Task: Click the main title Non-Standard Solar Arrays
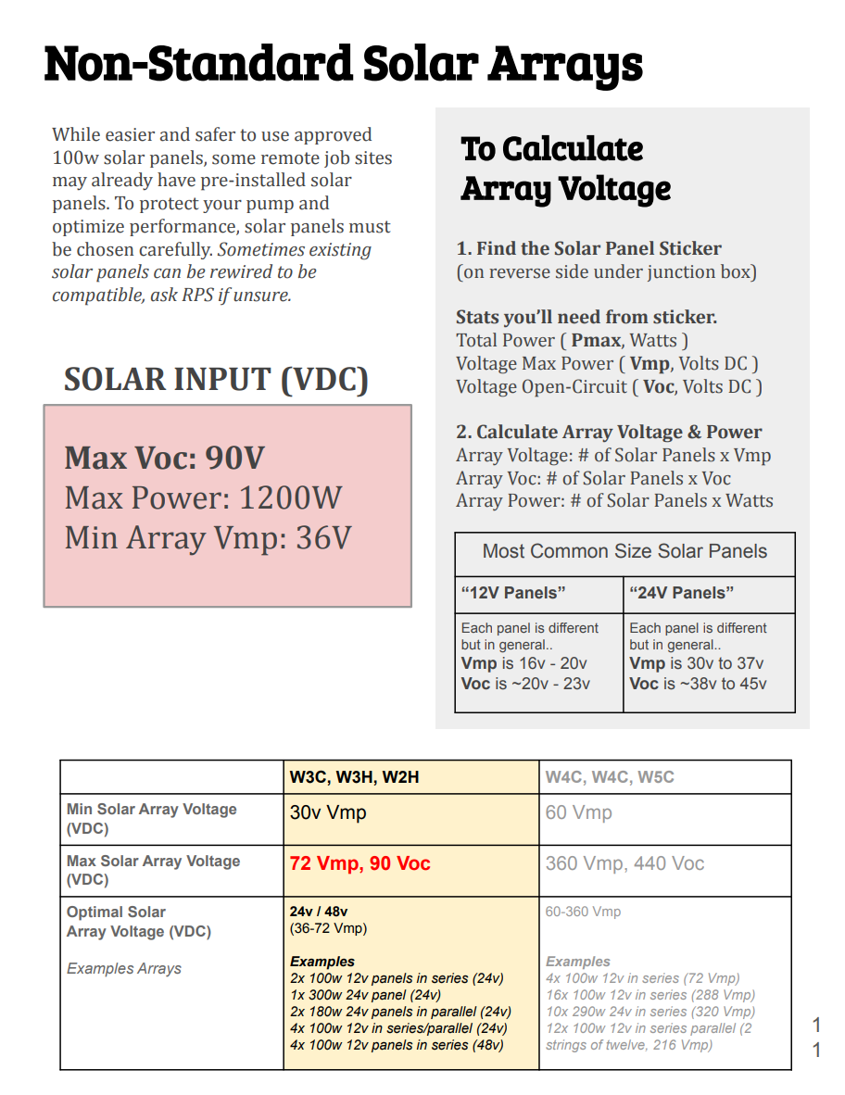click(x=343, y=65)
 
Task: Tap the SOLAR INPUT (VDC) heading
click(x=216, y=379)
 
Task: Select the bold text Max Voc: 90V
click(x=164, y=458)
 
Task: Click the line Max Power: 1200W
click(x=203, y=497)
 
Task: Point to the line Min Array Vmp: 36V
click(x=208, y=537)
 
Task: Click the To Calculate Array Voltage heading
click(x=565, y=169)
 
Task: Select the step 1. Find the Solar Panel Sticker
click(x=588, y=248)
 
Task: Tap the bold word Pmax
click(x=597, y=340)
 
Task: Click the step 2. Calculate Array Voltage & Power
click(x=609, y=432)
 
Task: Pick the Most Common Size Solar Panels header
click(x=624, y=551)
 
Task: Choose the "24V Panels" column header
click(x=681, y=593)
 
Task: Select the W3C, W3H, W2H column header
click(x=354, y=777)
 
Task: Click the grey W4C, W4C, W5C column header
click(x=610, y=777)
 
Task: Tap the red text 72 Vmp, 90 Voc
click(x=359, y=863)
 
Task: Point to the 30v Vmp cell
click(x=328, y=812)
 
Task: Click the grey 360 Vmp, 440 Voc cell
click(x=624, y=863)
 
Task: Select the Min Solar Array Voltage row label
click(x=152, y=818)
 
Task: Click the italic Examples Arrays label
click(x=124, y=968)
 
